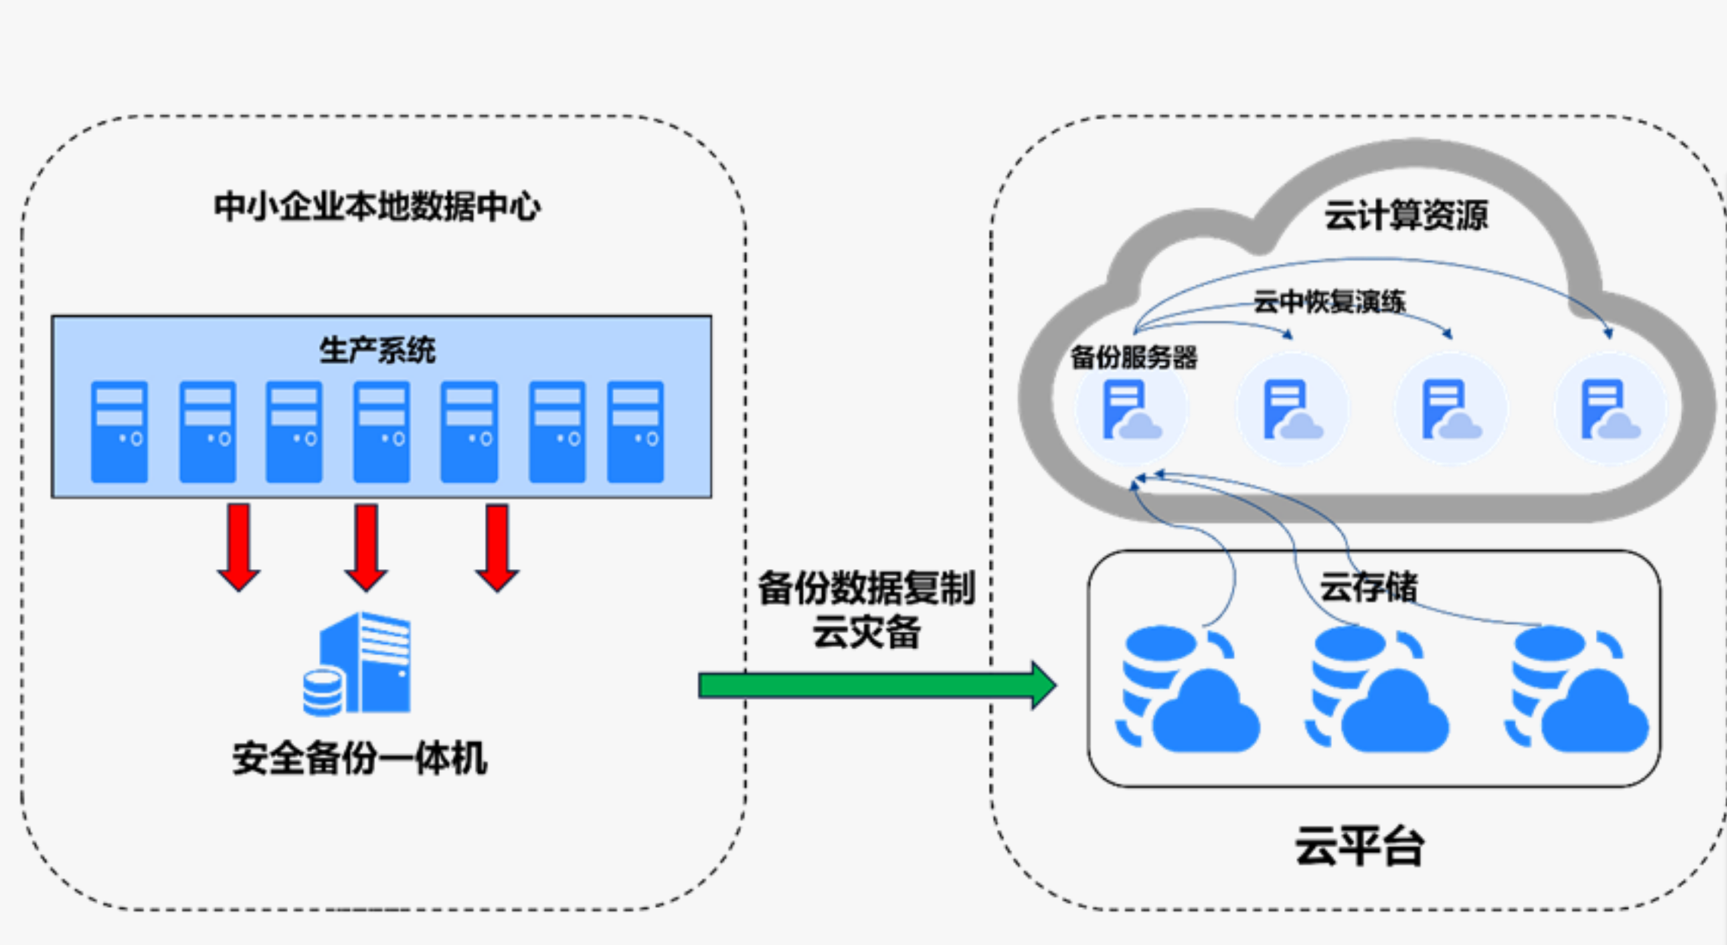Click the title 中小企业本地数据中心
pyautogui.click(x=377, y=206)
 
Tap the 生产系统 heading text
pyautogui.click(x=377, y=350)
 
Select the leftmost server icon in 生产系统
pyautogui.click(x=119, y=432)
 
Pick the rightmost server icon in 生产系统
pyautogui.click(x=635, y=432)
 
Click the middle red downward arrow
pyautogui.click(x=366, y=546)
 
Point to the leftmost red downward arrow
pyautogui.click(x=239, y=546)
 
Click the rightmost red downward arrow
pyautogui.click(x=497, y=546)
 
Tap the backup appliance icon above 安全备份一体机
pyautogui.click(x=358, y=664)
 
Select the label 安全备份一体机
pyautogui.click(x=360, y=758)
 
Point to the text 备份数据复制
pyautogui.click(x=866, y=588)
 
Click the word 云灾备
pyautogui.click(x=866, y=632)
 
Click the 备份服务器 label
pyautogui.click(x=1134, y=357)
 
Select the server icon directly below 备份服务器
pyautogui.click(x=1131, y=409)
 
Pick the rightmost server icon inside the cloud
pyautogui.click(x=1610, y=409)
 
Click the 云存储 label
pyautogui.click(x=1369, y=587)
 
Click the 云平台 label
pyautogui.click(x=1359, y=846)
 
